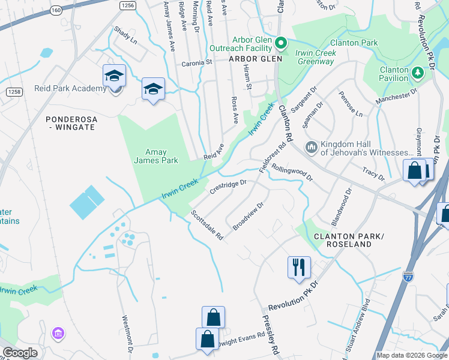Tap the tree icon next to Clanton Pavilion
click(418, 73)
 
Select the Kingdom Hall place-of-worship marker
click(311, 147)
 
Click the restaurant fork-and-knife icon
click(299, 267)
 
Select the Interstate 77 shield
click(408, 277)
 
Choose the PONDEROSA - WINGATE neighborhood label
click(71, 124)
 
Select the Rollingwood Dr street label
click(292, 173)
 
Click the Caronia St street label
click(197, 62)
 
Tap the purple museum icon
click(58, 333)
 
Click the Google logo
click(20, 353)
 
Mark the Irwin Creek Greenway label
click(315, 58)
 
